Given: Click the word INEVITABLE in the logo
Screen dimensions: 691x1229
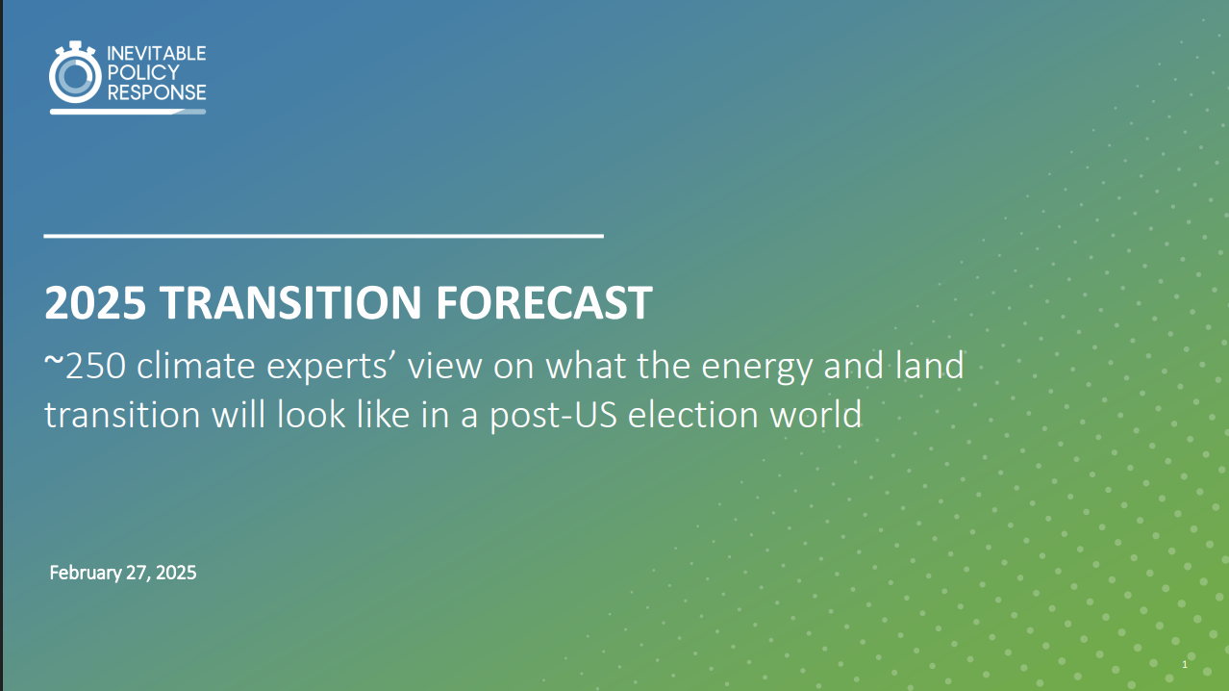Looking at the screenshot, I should pos(157,54).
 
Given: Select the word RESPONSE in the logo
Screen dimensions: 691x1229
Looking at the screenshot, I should pos(157,92).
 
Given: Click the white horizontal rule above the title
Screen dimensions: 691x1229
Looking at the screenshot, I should pos(323,235).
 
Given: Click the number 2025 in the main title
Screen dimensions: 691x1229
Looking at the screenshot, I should pos(95,304).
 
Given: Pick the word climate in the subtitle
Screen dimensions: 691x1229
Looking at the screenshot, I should pos(213,367).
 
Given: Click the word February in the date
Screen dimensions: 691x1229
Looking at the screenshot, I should pos(86,573).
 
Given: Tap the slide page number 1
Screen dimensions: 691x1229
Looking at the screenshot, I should pos(1185,666).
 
